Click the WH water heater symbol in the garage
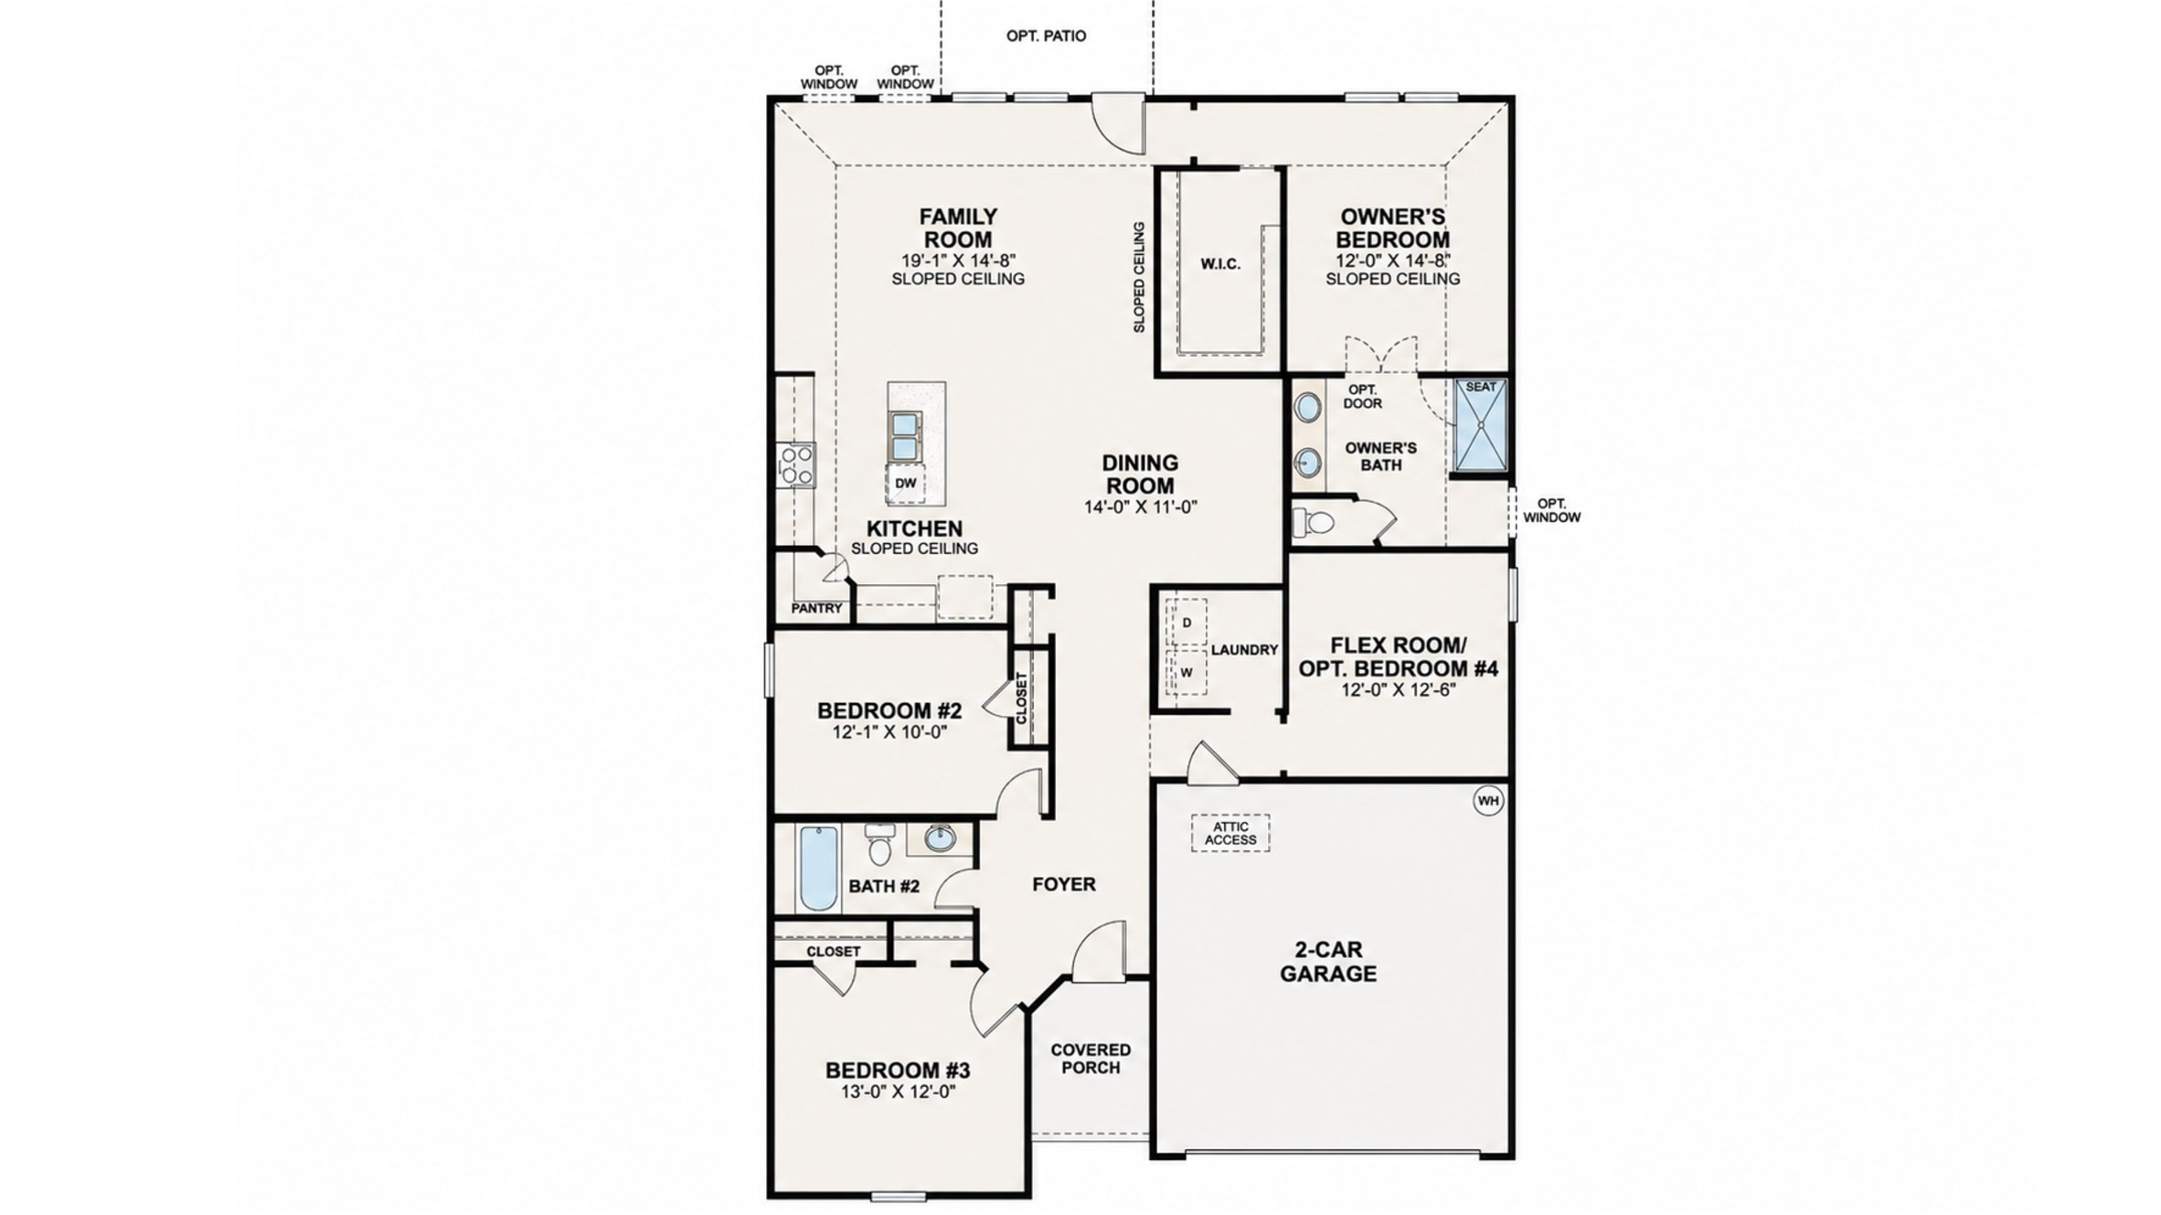pyautogui.click(x=1488, y=801)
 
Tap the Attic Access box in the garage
pyautogui.click(x=1230, y=833)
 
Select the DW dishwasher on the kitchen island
pyautogui.click(x=905, y=484)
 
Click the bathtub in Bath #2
pyautogui.click(x=819, y=869)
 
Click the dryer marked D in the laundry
pyautogui.click(x=1187, y=622)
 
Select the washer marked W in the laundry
pyautogui.click(x=1187, y=672)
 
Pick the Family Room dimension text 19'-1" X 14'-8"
pyautogui.click(x=958, y=260)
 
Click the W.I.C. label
pyautogui.click(x=1220, y=264)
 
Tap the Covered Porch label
pyautogui.click(x=1091, y=1059)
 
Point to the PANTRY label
pyautogui.click(x=816, y=608)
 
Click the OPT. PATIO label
pyautogui.click(x=1046, y=37)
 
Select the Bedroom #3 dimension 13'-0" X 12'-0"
pyautogui.click(x=898, y=1092)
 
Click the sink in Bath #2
pyautogui.click(x=940, y=837)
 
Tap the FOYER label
pyautogui.click(x=1064, y=884)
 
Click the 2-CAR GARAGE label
pyautogui.click(x=1328, y=962)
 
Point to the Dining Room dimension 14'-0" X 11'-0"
pyautogui.click(x=1141, y=506)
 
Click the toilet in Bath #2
pyautogui.click(x=879, y=843)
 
